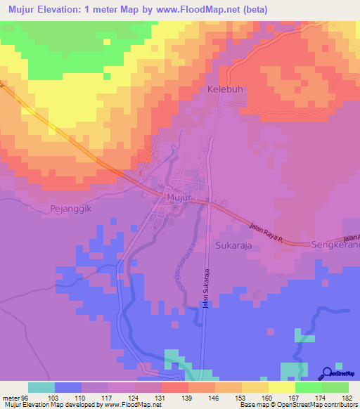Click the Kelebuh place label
coord(224,90)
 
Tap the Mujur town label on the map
coord(179,198)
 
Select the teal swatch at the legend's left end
coord(41,387)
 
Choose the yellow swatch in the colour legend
coord(281,387)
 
